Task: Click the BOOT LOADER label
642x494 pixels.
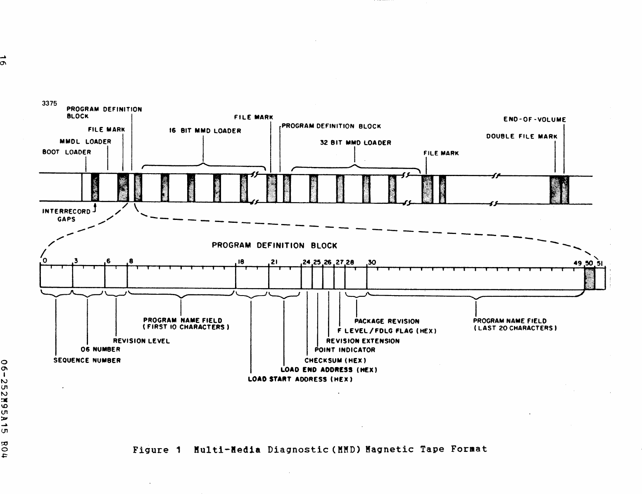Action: tap(67, 152)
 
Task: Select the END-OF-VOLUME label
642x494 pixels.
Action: tap(535, 120)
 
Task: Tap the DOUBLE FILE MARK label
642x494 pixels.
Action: tap(521, 136)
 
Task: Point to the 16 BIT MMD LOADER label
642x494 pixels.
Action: tap(205, 131)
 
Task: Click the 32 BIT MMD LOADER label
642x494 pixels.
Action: tap(355, 143)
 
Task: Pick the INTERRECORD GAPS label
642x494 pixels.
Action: tap(66, 215)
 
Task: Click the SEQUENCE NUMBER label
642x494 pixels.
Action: tap(87, 360)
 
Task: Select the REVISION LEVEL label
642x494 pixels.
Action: tap(141, 341)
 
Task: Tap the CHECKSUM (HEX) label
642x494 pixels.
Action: tap(335, 360)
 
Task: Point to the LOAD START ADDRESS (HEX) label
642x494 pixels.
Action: tap(300, 379)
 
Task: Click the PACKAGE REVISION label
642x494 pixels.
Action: tap(387, 321)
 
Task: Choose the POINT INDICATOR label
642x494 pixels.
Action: tap(345, 350)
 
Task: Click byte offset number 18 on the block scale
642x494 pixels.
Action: tap(240, 262)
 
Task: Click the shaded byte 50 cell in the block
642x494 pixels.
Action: tap(590, 278)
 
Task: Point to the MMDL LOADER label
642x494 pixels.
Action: tap(86, 142)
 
